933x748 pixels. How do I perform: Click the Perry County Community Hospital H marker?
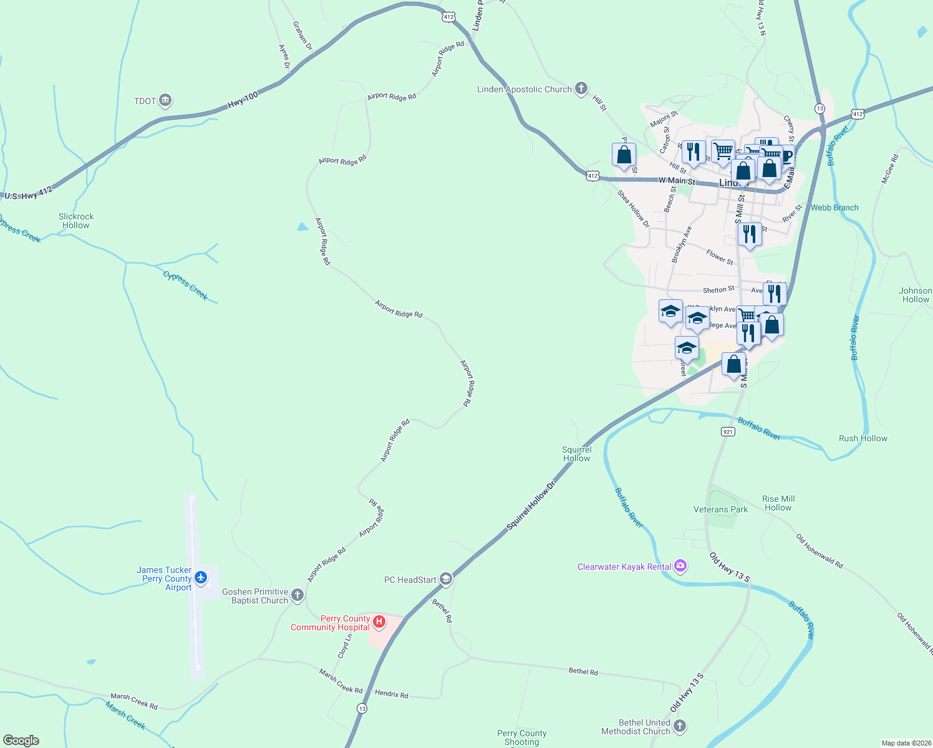[378, 621]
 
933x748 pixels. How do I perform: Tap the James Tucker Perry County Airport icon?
[201, 578]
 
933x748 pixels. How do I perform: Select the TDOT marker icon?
[165, 100]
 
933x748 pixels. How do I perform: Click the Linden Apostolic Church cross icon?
[581, 89]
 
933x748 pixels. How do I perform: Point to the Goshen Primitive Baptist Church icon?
[297, 595]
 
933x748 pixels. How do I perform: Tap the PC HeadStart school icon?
[445, 579]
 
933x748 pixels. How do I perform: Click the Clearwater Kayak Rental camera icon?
[680, 566]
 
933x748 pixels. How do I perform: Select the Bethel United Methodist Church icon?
[680, 726]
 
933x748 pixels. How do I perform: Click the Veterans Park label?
[720, 509]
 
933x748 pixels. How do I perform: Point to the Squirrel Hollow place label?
[576, 454]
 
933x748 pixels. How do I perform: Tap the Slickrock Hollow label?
[76, 221]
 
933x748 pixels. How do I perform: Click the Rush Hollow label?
[863, 438]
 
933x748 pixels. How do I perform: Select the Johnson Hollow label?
[915, 295]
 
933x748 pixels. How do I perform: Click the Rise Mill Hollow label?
[778, 503]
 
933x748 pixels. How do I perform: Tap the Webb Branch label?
[834, 208]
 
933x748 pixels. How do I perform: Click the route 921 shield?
[727, 431]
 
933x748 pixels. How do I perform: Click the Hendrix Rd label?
[391, 694]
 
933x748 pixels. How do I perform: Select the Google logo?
[21, 741]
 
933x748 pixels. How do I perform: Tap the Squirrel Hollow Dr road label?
[531, 506]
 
